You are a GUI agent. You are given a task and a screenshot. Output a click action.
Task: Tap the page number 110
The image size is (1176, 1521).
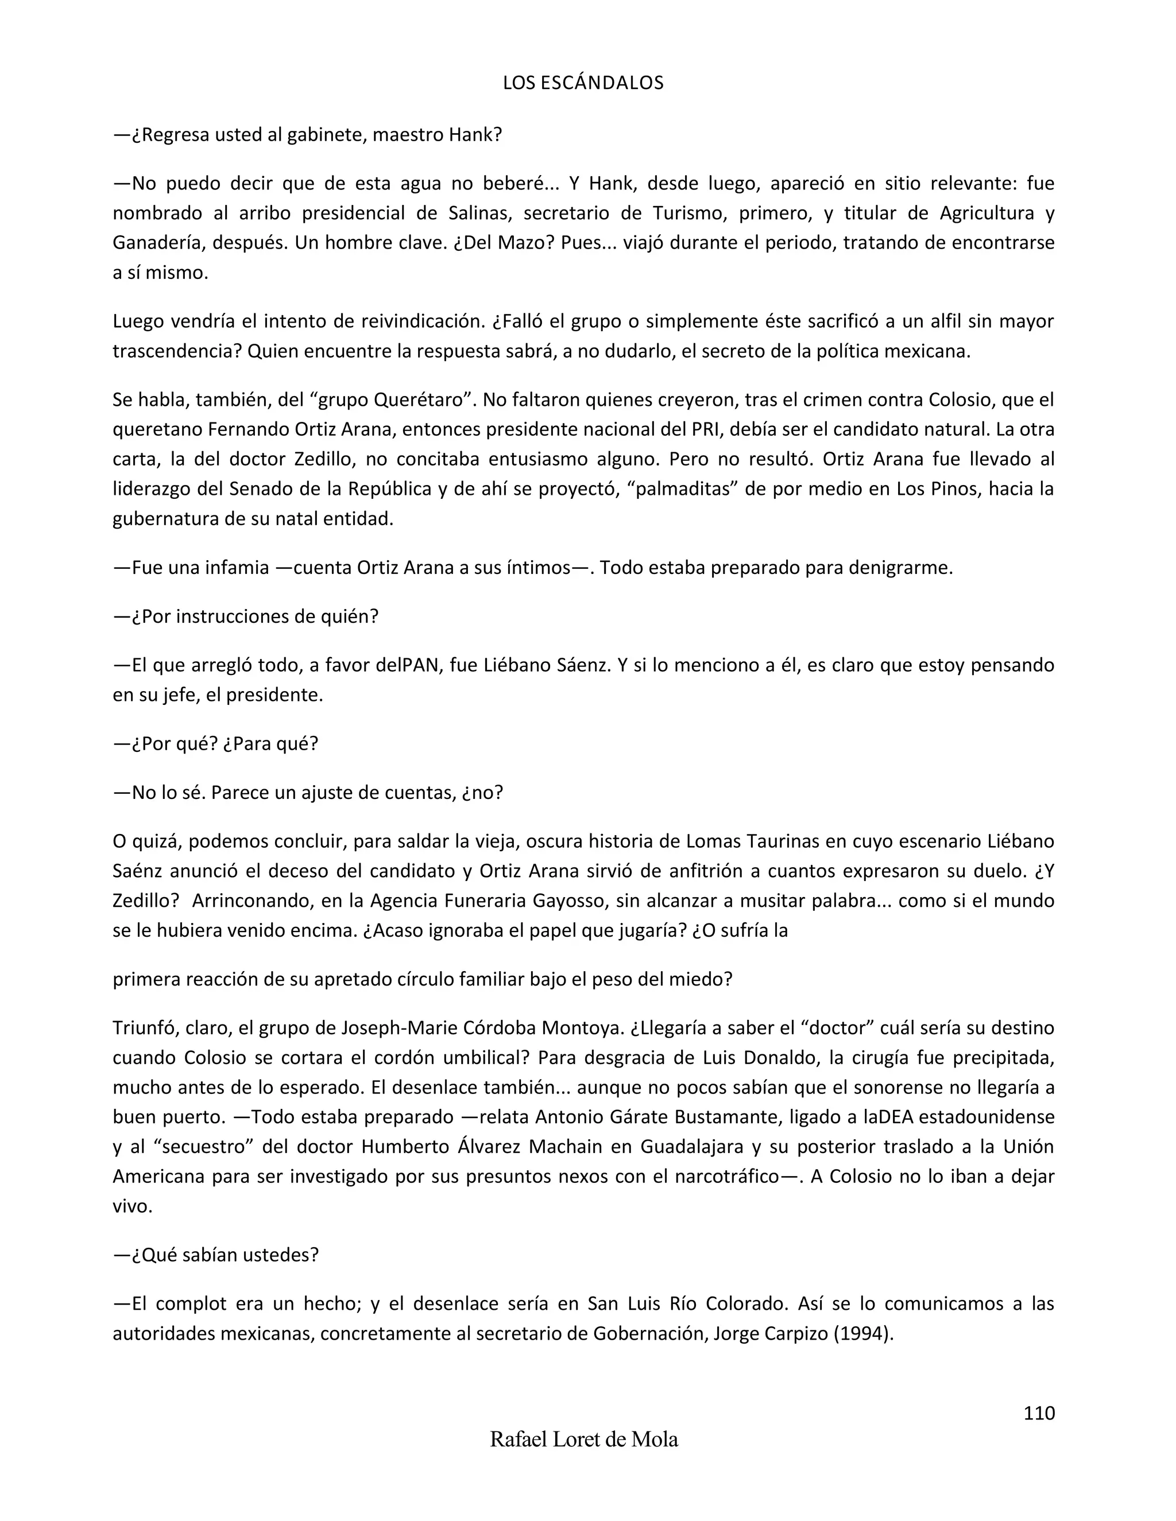pyautogui.click(x=1039, y=1413)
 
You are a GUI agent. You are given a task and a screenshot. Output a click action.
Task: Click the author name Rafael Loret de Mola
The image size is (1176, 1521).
pyautogui.click(x=584, y=1439)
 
